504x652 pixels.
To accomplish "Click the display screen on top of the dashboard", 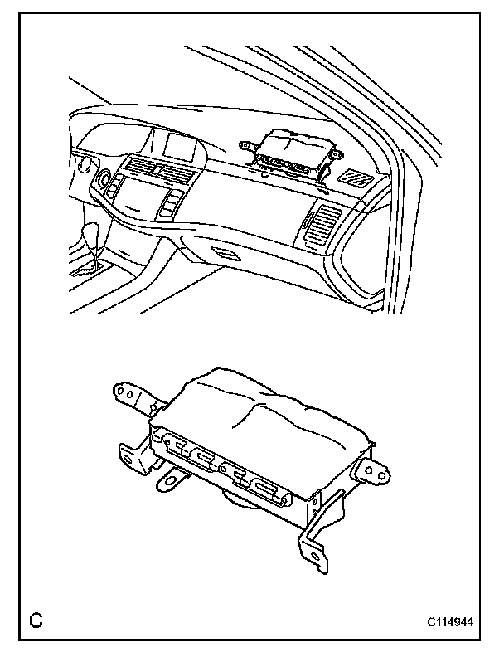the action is [180, 147].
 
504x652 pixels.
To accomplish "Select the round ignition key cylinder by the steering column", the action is [105, 178].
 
